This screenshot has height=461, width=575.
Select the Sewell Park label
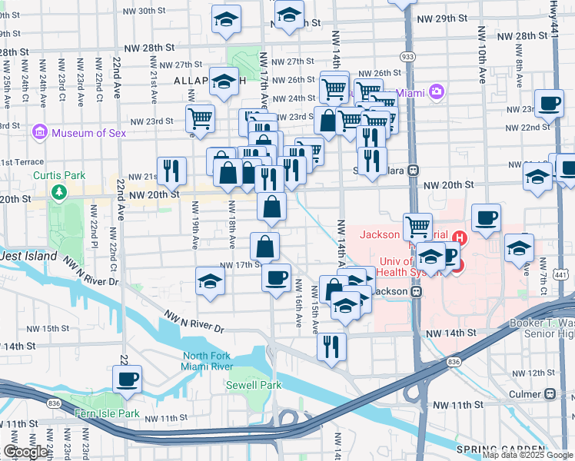click(254, 385)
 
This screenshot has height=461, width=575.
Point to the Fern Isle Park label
click(107, 413)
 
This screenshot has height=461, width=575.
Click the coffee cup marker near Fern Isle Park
click(127, 379)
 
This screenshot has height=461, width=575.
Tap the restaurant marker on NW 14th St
click(332, 346)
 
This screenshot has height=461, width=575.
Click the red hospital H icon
click(460, 237)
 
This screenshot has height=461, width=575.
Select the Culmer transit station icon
click(550, 393)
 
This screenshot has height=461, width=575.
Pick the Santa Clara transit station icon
click(414, 170)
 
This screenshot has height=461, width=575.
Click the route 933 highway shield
click(407, 57)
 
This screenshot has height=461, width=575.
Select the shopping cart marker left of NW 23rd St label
click(200, 119)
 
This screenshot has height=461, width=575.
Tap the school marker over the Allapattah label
click(224, 83)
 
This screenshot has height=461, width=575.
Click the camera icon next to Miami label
click(437, 92)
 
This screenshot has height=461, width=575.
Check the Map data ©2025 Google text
click(527, 455)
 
